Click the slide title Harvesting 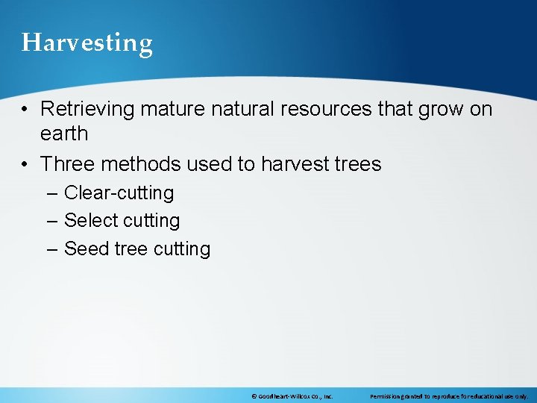tap(87, 43)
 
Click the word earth tap(64, 134)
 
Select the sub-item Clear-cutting tap(119, 193)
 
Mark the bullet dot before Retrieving tap(25, 110)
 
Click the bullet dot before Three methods tap(25, 164)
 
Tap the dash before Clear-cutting tap(51, 193)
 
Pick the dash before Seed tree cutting tap(51, 249)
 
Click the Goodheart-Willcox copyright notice tap(292, 396)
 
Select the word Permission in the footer tap(386, 396)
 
